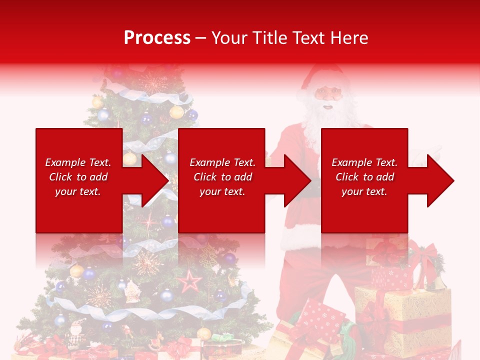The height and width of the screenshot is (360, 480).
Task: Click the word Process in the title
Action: coord(157,37)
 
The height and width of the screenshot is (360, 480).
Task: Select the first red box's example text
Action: coord(78,177)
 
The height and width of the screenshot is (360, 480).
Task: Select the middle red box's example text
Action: coord(222,177)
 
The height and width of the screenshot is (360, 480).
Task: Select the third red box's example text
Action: coord(364,177)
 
